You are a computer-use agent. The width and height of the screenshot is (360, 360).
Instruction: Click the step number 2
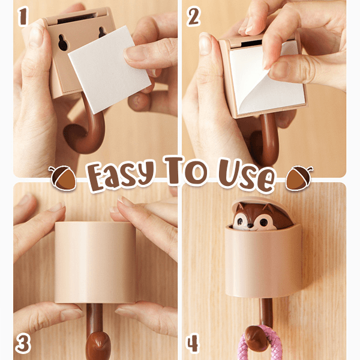tap(194, 17)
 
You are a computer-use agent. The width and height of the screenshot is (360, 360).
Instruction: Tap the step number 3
tap(23, 343)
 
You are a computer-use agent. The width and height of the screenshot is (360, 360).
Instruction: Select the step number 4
tap(193, 343)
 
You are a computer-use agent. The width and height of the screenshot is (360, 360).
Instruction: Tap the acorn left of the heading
tap(62, 178)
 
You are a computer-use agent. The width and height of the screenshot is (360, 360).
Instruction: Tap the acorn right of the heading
tap(298, 178)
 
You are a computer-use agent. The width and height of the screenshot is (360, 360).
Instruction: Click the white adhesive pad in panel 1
tap(110, 69)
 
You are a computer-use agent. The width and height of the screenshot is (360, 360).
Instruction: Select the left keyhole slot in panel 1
tap(62, 43)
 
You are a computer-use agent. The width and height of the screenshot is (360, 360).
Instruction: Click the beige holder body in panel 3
tap(95, 262)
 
